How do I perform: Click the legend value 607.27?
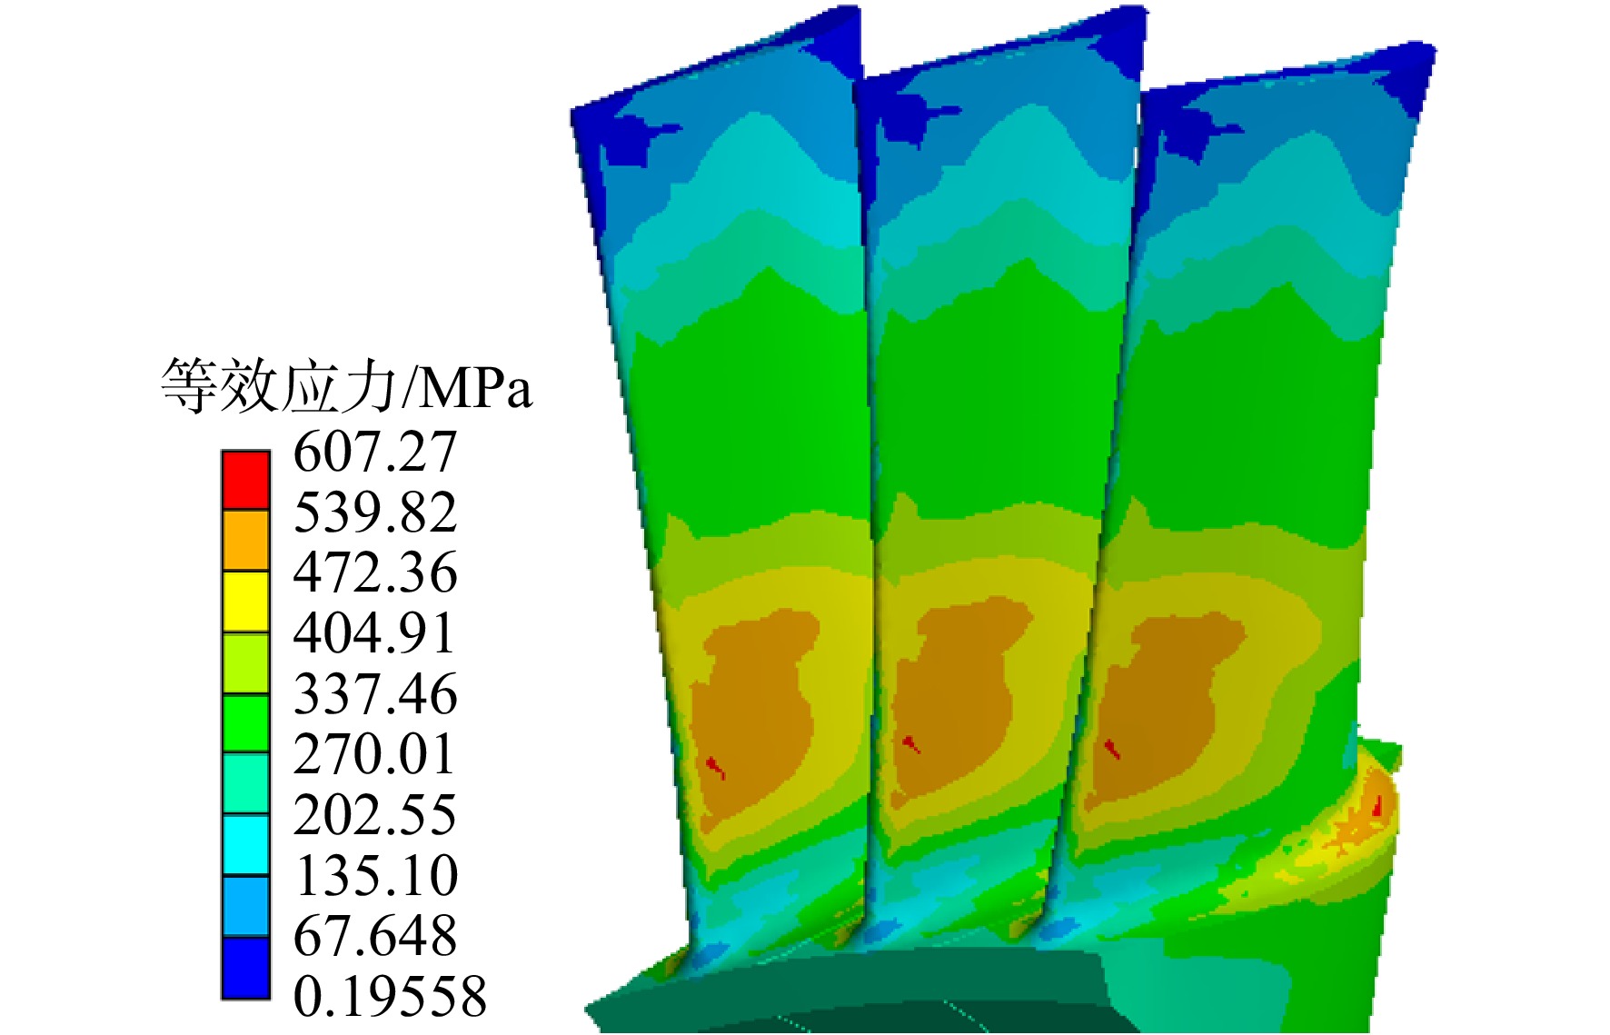click(x=374, y=452)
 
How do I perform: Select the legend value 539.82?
click(x=374, y=513)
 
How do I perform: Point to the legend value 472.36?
click(x=374, y=573)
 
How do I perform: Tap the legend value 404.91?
click(x=374, y=633)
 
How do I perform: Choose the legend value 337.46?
click(x=374, y=694)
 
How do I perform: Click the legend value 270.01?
click(x=374, y=755)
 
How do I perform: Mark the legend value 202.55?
click(x=374, y=815)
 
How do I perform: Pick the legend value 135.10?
click(x=375, y=876)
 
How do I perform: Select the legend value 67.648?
click(x=374, y=936)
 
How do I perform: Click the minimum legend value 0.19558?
click(x=390, y=997)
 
